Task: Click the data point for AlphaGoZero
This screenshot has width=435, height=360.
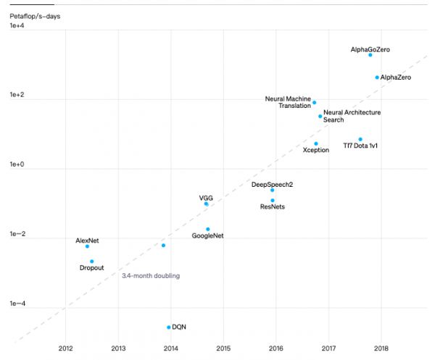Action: pos(370,55)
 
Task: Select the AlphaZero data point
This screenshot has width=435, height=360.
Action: pos(377,78)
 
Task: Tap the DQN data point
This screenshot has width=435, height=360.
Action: pos(169,327)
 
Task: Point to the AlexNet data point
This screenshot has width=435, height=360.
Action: pos(87,246)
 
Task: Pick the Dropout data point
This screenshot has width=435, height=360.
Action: pos(92,261)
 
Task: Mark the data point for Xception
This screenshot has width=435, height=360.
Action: pos(316,143)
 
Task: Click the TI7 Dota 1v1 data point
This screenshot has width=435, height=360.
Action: pos(360,139)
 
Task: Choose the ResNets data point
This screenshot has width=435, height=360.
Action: pos(273,201)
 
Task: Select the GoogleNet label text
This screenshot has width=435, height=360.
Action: pos(208,236)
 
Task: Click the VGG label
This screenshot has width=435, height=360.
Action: pos(206,197)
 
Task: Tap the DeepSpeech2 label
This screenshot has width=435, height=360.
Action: pos(272,185)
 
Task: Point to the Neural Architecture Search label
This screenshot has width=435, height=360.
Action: pos(352,116)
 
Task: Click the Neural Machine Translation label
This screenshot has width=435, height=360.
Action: pos(288,102)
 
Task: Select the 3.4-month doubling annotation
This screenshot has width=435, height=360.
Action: pos(151,276)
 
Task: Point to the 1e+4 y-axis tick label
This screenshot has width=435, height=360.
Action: pos(17,26)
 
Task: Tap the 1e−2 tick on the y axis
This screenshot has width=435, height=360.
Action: pos(17,235)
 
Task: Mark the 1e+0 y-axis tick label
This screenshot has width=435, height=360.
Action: pos(17,165)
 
